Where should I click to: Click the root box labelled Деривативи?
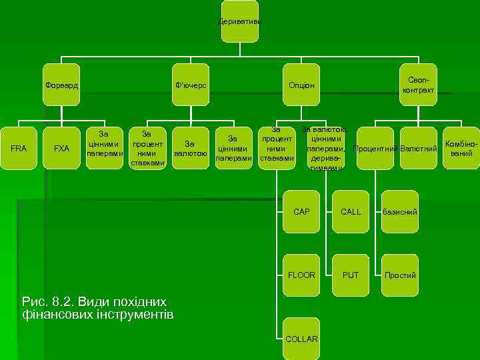coord(240,22)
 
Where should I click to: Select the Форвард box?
coord(61,85)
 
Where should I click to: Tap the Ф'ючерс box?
coord(191,85)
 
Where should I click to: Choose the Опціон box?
coord(301,85)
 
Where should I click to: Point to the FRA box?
coord(19,148)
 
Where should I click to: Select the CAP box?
coord(301,212)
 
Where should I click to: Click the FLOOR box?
coord(301,275)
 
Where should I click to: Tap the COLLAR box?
coord(301,339)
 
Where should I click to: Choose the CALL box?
coord(351,212)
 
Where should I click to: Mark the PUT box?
coord(351,275)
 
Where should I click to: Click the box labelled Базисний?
coord(399,212)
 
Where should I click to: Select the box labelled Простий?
coord(399,275)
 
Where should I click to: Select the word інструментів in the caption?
coord(134,314)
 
